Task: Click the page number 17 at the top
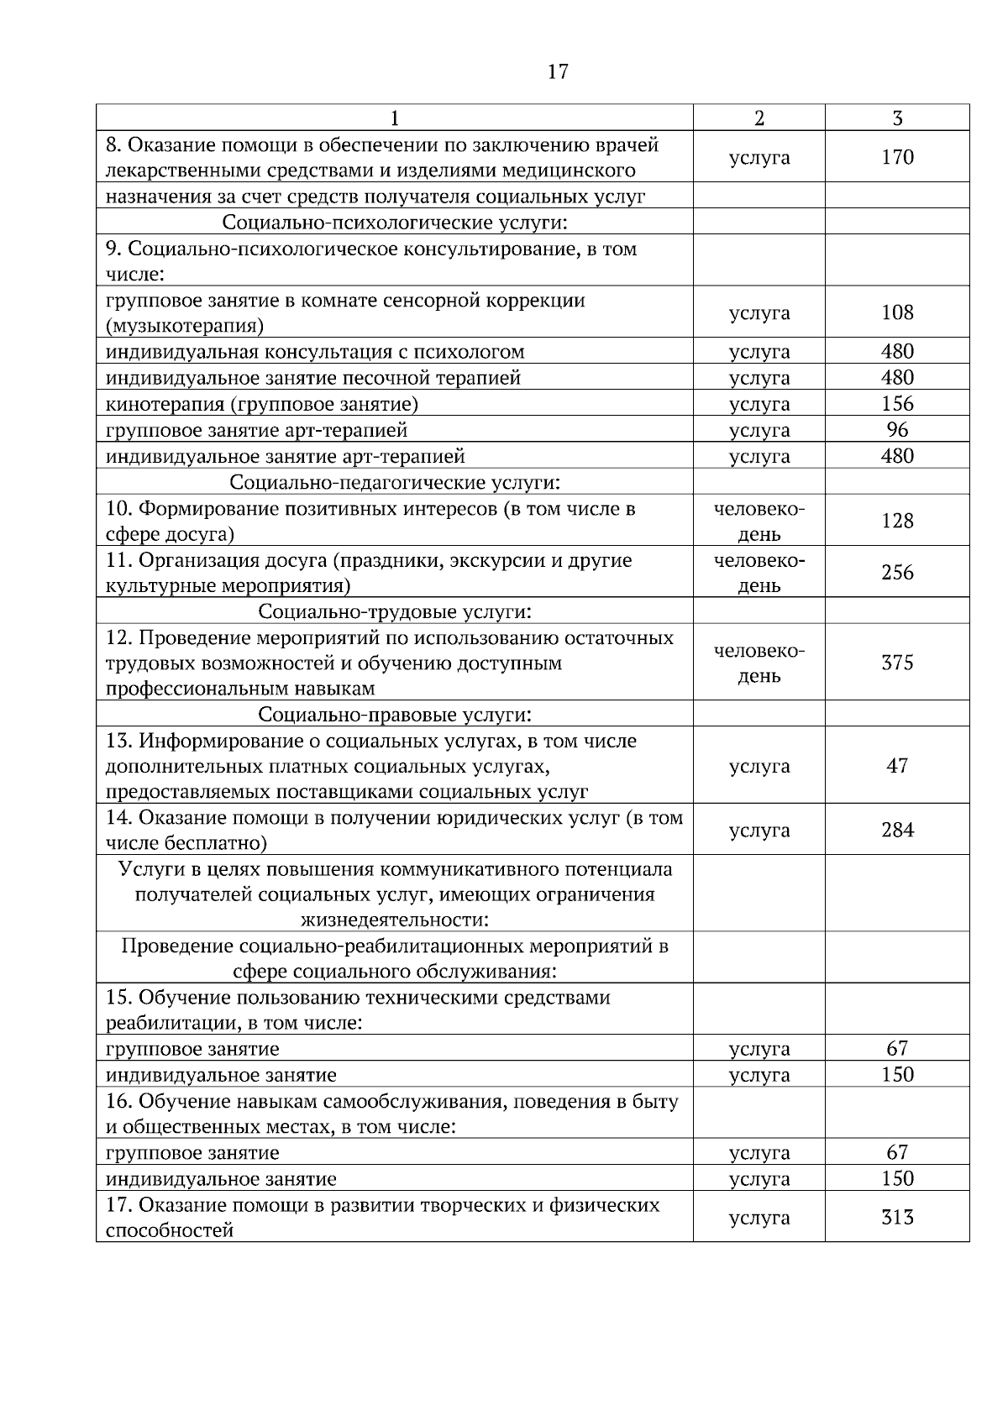[558, 72]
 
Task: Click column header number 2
[759, 118]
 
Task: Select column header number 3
[897, 118]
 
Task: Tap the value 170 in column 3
[897, 157]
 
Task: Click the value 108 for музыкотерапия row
[897, 312]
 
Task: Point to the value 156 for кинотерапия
[897, 404]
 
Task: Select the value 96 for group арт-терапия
[897, 430]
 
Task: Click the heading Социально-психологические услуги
[395, 223]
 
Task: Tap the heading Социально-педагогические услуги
[395, 483]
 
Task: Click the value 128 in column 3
[897, 521]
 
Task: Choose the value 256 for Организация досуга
[897, 573]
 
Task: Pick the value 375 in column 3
[897, 663]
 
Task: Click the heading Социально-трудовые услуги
[395, 611]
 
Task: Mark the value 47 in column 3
[897, 766]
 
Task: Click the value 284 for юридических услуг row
[897, 831]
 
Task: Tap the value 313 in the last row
[897, 1218]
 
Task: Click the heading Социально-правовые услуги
[395, 715]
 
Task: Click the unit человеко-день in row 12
[759, 663]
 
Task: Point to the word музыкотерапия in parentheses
[185, 326]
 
